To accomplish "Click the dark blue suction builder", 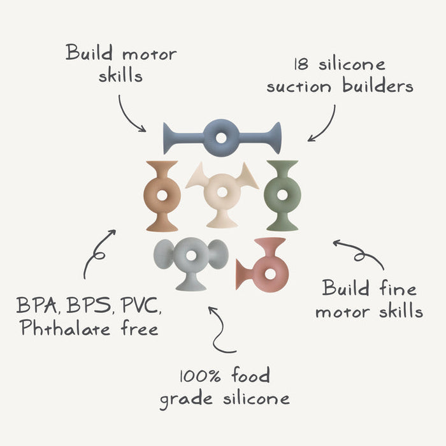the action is pos(222,138).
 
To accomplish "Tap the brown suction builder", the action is pos(162,196).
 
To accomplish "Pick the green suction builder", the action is pos(282,196).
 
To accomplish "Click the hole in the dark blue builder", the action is pos(221,138).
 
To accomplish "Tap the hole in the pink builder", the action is pos(270,274).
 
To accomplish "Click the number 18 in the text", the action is pos(301,64).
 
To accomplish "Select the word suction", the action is pos(299,87).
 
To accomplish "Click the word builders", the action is pos(378,85).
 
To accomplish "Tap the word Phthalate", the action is pos(65,328).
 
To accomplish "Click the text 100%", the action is pos(200,376).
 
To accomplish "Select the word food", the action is pos(250,375).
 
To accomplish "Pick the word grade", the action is pos(186,399).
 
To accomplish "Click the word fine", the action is pos(398,289).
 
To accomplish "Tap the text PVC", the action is pos(141,305).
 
